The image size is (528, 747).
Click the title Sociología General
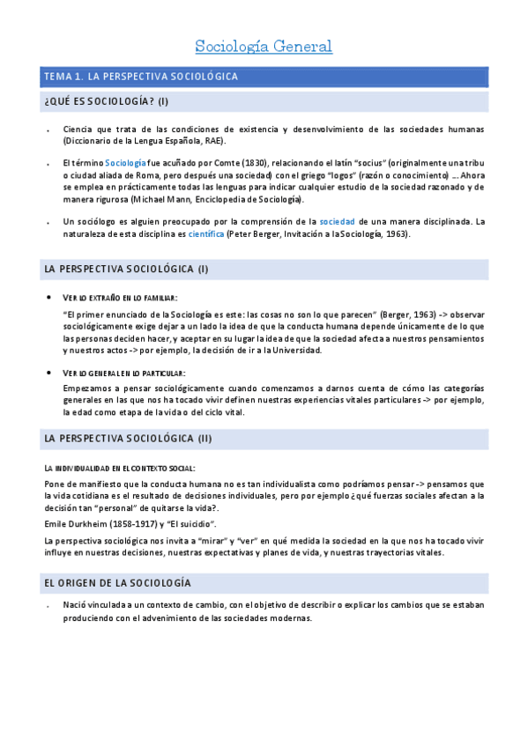pos(263,46)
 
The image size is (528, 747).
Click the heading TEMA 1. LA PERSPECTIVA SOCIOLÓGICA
pos(141,77)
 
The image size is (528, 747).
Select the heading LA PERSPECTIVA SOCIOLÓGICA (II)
pos(128,438)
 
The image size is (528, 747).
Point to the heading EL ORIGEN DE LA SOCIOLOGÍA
pos(117,583)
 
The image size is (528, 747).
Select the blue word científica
pos(206,233)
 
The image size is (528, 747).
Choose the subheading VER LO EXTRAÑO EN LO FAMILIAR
pos(120,298)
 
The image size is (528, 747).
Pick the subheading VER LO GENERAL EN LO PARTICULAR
pos(124,373)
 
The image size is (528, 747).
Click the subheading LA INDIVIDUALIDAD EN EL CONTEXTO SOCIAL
pos(120,468)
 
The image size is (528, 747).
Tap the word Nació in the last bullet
pos(77,605)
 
